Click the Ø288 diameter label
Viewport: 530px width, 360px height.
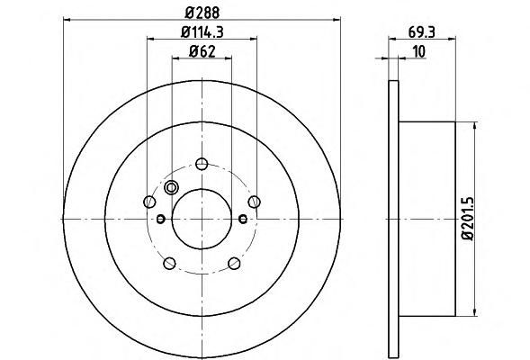pyautogui.click(x=202, y=13)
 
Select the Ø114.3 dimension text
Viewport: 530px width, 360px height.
pyautogui.click(x=202, y=32)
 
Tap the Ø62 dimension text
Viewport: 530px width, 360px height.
pyautogui.click(x=202, y=51)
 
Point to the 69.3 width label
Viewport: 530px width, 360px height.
pyautogui.click(x=421, y=32)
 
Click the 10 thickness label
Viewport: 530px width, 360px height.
pyautogui.click(x=418, y=51)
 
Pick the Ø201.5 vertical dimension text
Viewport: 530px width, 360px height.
pyautogui.click(x=469, y=219)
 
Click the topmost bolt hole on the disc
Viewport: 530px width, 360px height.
pyautogui.click(x=202, y=165)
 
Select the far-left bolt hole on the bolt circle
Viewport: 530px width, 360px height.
pyautogui.click(x=149, y=202)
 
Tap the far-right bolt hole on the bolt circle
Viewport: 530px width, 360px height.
pyautogui.click(x=254, y=202)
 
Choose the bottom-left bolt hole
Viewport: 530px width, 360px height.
pyautogui.click(x=169, y=264)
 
